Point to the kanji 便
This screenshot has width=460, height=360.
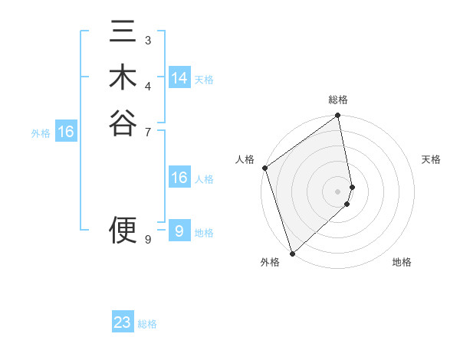(123, 229)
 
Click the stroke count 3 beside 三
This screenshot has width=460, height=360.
(148, 40)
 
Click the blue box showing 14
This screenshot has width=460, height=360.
(179, 78)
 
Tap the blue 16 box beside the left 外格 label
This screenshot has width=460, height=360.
(66, 132)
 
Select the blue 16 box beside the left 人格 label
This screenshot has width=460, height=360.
(179, 178)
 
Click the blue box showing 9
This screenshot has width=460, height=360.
(179, 231)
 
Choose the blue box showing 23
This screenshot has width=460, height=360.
(123, 322)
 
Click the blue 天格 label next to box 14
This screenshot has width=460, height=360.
(204, 80)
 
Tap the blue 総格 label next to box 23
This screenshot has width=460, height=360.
(147, 324)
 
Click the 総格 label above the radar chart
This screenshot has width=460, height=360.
(338, 100)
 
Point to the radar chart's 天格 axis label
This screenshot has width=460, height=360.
(432, 159)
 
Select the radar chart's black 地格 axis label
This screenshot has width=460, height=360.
(402, 262)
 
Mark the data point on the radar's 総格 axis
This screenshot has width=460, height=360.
(338, 116)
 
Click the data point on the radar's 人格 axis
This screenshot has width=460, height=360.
(264, 168)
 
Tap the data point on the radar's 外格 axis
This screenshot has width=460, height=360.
(292, 253)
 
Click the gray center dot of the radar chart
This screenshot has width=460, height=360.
(338, 191)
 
